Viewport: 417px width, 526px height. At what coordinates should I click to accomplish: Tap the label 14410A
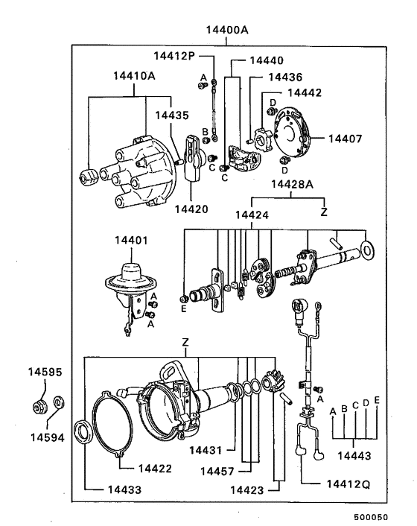(x=134, y=75)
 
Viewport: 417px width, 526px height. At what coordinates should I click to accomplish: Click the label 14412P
(x=175, y=56)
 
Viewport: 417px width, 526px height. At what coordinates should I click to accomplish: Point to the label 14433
(x=106, y=489)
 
